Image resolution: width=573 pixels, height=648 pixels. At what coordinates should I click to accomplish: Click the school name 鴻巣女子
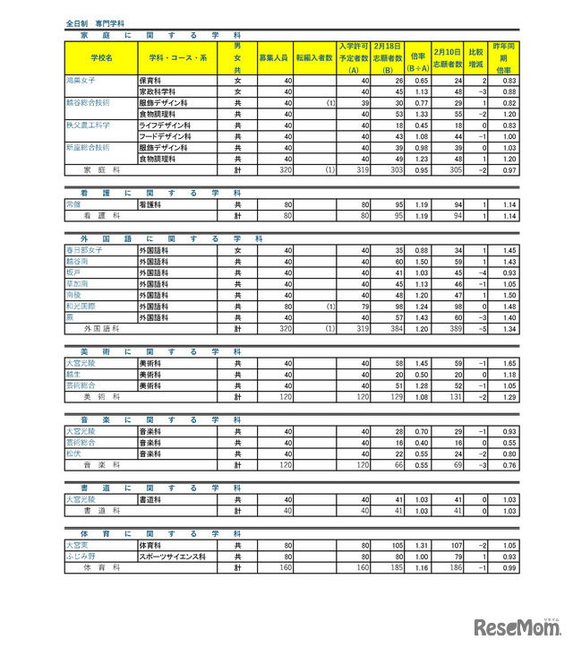(81, 81)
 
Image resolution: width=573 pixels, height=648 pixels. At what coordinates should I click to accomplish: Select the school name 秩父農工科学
(88, 125)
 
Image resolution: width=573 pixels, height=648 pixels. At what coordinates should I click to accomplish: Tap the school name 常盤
(73, 204)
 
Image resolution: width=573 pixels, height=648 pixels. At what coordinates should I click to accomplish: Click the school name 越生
(73, 375)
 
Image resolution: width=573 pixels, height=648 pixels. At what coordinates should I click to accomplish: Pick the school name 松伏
(73, 454)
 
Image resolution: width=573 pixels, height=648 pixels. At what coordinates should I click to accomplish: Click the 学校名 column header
(99, 57)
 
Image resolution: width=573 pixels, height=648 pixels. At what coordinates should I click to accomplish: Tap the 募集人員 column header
(273, 57)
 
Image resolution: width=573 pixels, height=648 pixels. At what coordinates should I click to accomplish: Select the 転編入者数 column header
(314, 57)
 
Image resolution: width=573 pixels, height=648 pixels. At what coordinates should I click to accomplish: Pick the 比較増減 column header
(475, 57)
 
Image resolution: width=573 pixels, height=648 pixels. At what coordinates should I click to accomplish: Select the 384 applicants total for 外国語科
(393, 329)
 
